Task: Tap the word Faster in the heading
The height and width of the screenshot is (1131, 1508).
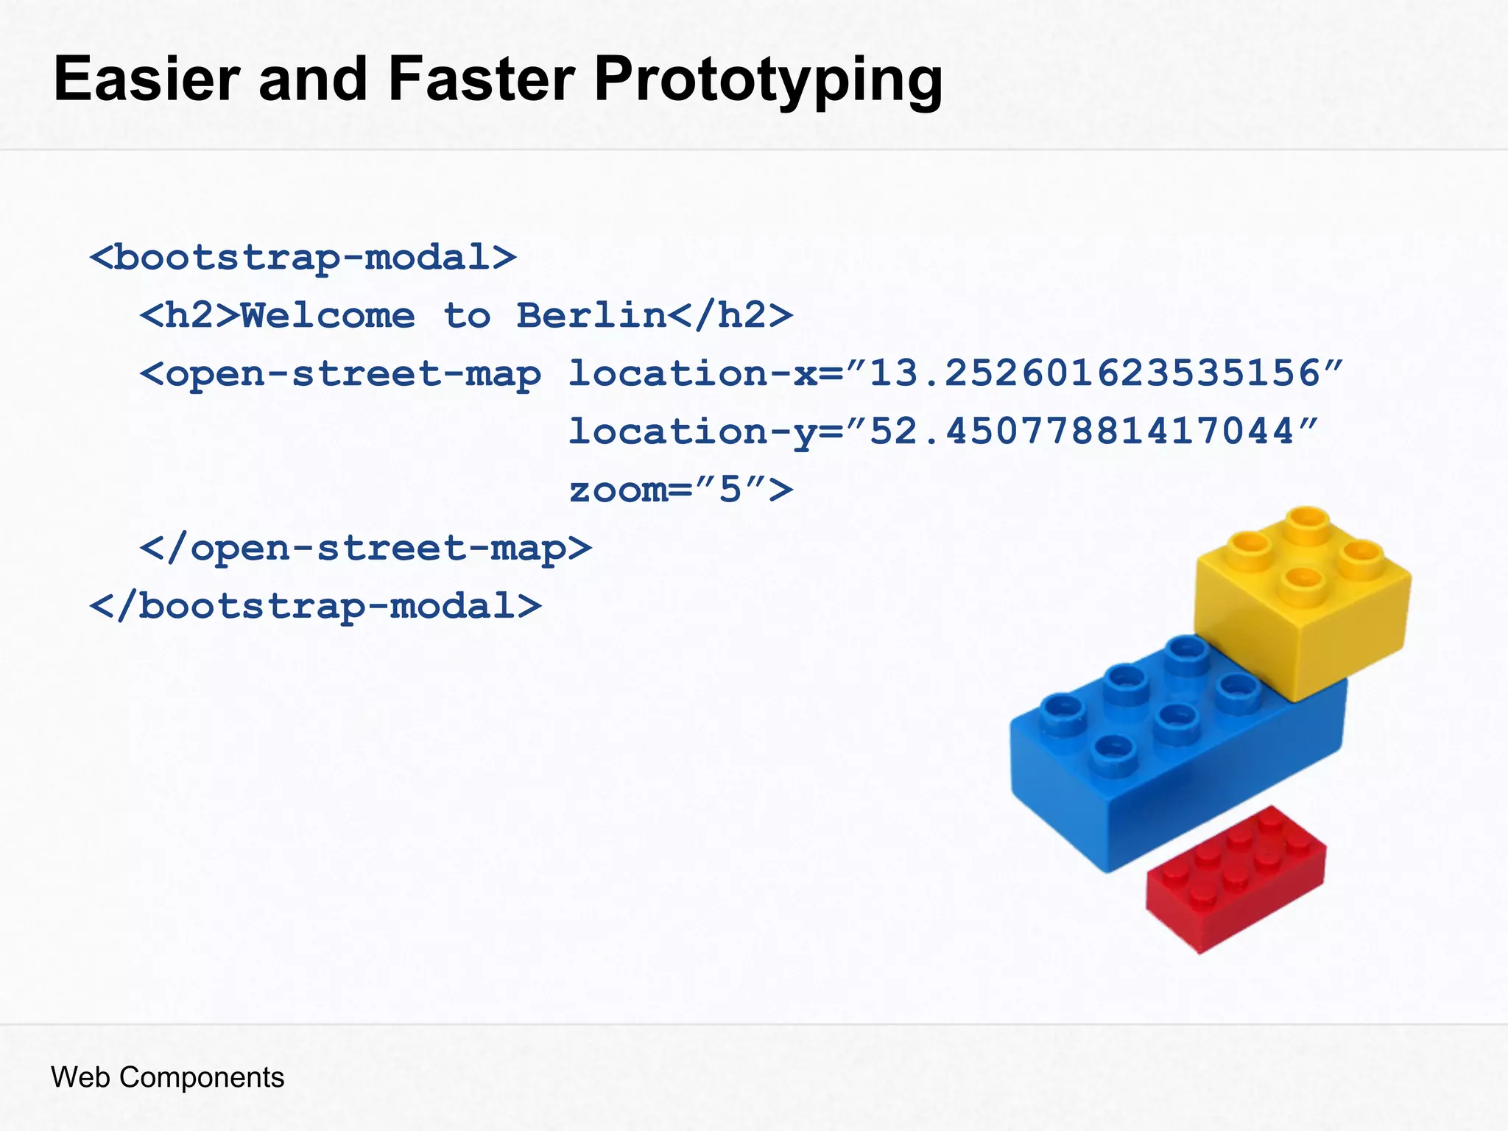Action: point(482,80)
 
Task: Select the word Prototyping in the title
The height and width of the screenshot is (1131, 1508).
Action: point(768,81)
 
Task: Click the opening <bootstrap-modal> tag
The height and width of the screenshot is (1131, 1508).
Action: point(303,258)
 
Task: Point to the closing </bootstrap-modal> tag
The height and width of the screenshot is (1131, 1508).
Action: point(315,606)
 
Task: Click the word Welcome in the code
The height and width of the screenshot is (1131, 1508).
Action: point(328,316)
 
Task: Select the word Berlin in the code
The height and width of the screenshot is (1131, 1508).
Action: point(591,316)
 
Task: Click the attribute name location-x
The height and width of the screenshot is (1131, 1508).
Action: point(692,373)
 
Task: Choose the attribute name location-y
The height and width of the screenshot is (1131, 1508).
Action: point(692,432)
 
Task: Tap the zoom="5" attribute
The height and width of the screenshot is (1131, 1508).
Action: point(681,490)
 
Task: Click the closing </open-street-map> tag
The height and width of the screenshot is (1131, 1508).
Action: point(365,549)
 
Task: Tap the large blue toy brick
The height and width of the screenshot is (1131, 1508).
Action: point(1171,766)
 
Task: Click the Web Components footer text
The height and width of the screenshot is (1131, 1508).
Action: point(167,1077)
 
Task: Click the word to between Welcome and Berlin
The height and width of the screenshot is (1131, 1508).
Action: point(467,316)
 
